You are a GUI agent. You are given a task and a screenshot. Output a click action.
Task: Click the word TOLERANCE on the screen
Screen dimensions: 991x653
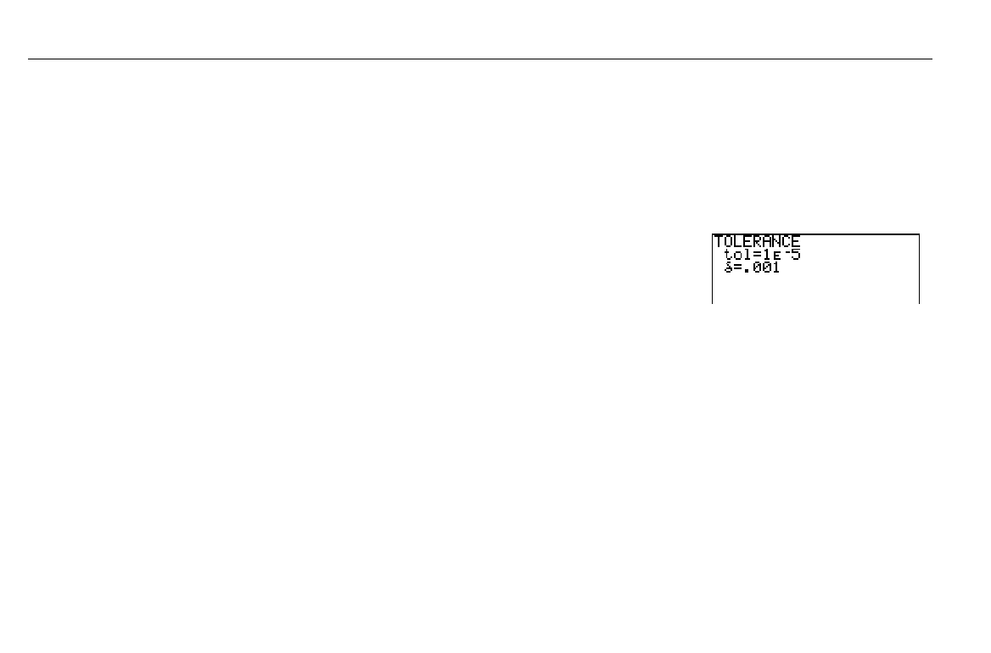[757, 242]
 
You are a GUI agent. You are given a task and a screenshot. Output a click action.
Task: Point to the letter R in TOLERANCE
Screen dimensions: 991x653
[758, 242]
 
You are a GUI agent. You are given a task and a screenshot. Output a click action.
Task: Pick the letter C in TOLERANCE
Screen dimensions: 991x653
[786, 242]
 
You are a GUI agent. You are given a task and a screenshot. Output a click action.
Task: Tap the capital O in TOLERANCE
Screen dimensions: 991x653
[728, 242]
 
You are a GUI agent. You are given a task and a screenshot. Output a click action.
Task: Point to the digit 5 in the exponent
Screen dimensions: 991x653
[796, 254]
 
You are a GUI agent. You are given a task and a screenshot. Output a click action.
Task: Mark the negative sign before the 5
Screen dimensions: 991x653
[786, 251]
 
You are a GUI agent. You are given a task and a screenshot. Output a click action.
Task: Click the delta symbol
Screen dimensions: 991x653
[727, 268]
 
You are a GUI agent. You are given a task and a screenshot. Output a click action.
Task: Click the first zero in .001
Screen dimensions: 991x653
[756, 268]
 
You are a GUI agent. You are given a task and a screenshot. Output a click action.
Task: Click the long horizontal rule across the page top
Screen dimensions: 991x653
[479, 59]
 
